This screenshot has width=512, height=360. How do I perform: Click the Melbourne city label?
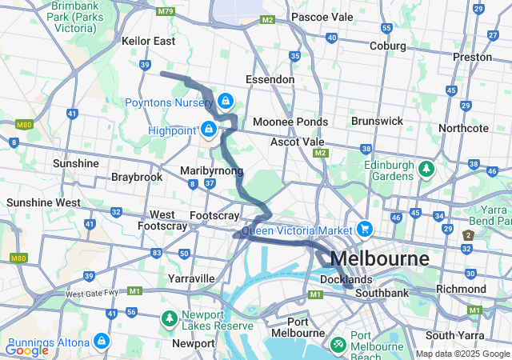pyautogui.click(x=379, y=259)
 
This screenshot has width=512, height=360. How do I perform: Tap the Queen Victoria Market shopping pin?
pyautogui.click(x=365, y=228)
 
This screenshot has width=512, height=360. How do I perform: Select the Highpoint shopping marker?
pyautogui.click(x=210, y=129)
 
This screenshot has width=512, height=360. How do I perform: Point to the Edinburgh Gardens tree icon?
pyautogui.click(x=427, y=168)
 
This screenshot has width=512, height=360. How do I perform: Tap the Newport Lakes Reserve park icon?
pyautogui.click(x=169, y=318)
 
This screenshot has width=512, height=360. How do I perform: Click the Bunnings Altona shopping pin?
pyautogui.click(x=101, y=341)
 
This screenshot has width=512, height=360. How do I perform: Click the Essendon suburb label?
pyautogui.click(x=270, y=80)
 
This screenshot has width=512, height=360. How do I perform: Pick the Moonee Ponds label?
pyautogui.click(x=290, y=122)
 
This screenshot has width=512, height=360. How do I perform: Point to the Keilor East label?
pyautogui.click(x=148, y=41)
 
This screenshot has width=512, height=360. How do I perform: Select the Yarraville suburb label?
pyautogui.click(x=191, y=278)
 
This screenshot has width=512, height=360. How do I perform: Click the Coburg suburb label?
pyautogui.click(x=387, y=46)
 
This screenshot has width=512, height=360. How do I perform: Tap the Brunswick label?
pyautogui.click(x=377, y=121)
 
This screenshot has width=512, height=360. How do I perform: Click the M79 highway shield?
pyautogui.click(x=166, y=11)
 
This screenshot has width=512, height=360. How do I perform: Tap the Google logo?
pyautogui.click(x=26, y=350)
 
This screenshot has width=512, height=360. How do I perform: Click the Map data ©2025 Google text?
pyautogui.click(x=462, y=354)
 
